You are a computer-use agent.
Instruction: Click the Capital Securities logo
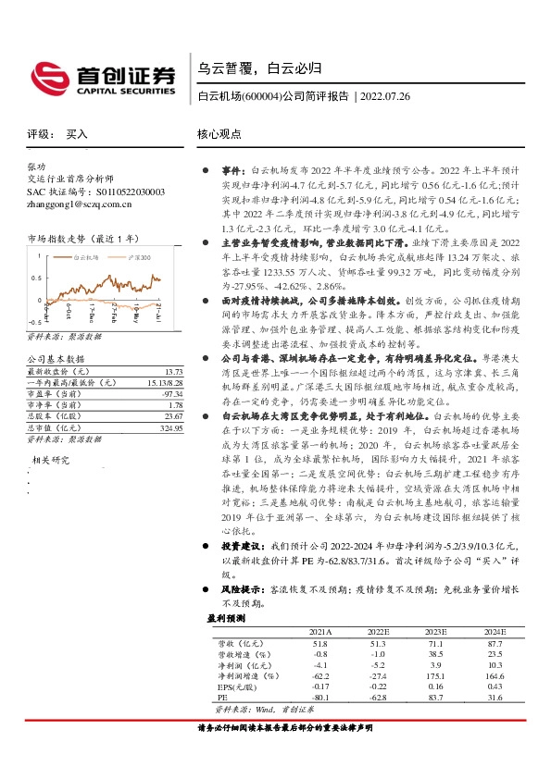103,78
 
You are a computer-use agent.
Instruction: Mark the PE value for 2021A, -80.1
320,698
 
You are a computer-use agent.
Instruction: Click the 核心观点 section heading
219,133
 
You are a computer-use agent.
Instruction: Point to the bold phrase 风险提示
241,588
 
